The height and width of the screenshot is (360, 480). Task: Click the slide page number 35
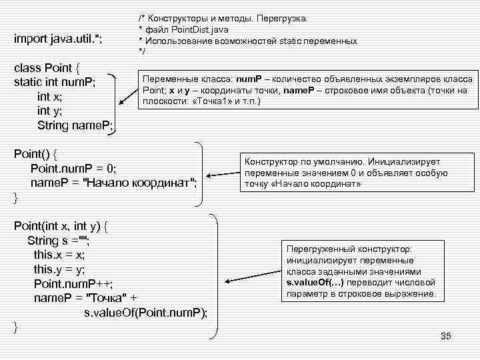pos(446,336)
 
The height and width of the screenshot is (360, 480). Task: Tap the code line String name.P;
pos(75,125)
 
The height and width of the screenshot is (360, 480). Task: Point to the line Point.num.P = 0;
pos(73,168)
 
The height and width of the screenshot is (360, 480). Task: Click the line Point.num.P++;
pos(72,283)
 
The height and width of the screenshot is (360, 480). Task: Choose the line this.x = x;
pos(59,255)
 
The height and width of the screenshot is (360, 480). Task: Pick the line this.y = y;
pos(59,269)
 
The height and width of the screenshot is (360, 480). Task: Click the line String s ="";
pos(59,240)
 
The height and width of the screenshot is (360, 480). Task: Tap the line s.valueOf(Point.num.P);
pos(145,312)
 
